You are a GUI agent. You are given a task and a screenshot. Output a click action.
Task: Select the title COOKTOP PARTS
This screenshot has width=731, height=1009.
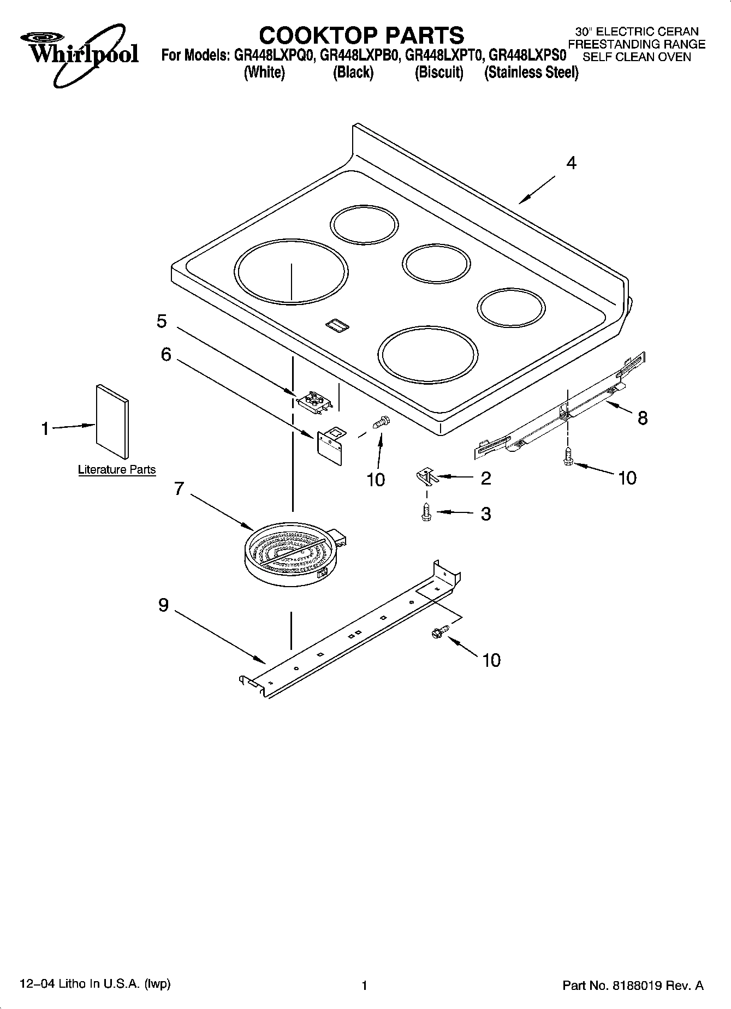point(361,35)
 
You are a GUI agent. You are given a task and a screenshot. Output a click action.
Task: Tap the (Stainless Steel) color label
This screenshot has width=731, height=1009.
point(531,73)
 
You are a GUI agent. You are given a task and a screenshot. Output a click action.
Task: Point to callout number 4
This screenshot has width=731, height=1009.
point(571,163)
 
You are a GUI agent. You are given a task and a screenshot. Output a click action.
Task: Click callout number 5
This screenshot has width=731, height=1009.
point(162,321)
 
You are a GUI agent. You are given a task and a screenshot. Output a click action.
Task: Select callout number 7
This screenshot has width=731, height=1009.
point(179,488)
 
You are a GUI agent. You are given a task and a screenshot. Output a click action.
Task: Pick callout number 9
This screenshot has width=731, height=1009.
point(164,605)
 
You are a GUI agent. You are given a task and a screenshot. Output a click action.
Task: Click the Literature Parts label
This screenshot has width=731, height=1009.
point(117,470)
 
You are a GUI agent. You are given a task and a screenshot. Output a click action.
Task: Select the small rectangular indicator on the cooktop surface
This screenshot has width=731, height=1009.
point(337,325)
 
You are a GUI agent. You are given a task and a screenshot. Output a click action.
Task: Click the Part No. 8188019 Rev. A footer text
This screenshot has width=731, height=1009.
point(633,986)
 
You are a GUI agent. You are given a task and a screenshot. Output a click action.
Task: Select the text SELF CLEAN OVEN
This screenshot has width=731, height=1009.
point(637,57)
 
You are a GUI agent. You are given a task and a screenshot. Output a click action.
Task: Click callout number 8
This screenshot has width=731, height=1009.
point(643,418)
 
